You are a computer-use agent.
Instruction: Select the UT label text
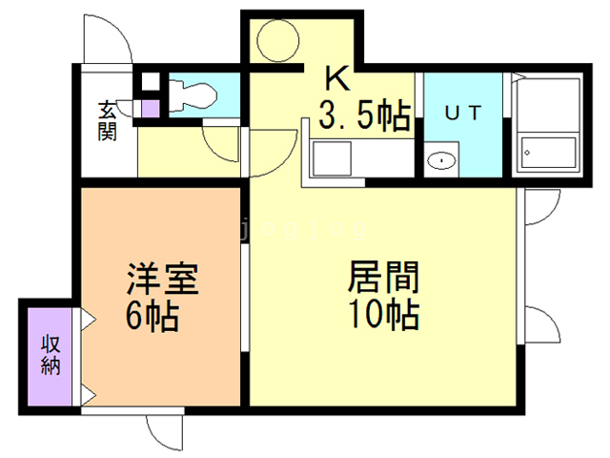[x=465, y=112]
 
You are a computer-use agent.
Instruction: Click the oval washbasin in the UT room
[x=440, y=159]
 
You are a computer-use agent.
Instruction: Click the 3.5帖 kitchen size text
[x=364, y=116]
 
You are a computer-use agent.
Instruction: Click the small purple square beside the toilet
[x=151, y=106]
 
